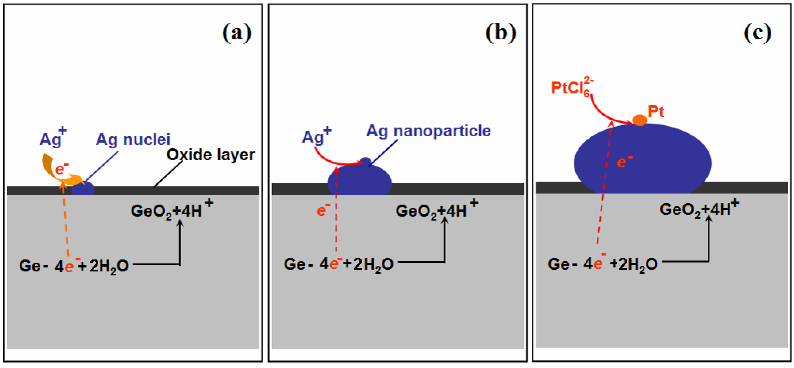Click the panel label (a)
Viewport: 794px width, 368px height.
click(x=237, y=33)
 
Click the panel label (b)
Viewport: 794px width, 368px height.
click(x=501, y=33)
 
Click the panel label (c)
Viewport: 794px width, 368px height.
click(x=758, y=33)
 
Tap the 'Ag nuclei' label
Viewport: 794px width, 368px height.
click(x=133, y=140)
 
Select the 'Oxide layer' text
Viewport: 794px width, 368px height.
click(x=211, y=155)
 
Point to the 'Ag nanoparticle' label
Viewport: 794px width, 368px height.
click(x=428, y=131)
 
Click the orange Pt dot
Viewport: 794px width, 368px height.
click(x=639, y=120)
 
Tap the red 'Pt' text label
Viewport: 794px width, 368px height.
click(x=656, y=112)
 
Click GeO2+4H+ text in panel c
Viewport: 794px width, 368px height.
click(x=698, y=209)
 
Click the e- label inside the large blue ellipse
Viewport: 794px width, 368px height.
click(x=624, y=162)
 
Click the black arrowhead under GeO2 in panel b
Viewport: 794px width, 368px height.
click(x=444, y=220)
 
